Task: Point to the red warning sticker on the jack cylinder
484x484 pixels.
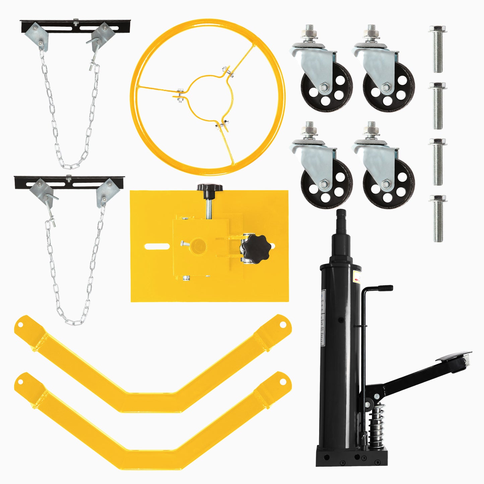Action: [357, 277]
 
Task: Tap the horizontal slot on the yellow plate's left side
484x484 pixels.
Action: [157, 247]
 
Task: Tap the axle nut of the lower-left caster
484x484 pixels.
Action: [324, 183]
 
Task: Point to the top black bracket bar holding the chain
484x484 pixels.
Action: [75, 25]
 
